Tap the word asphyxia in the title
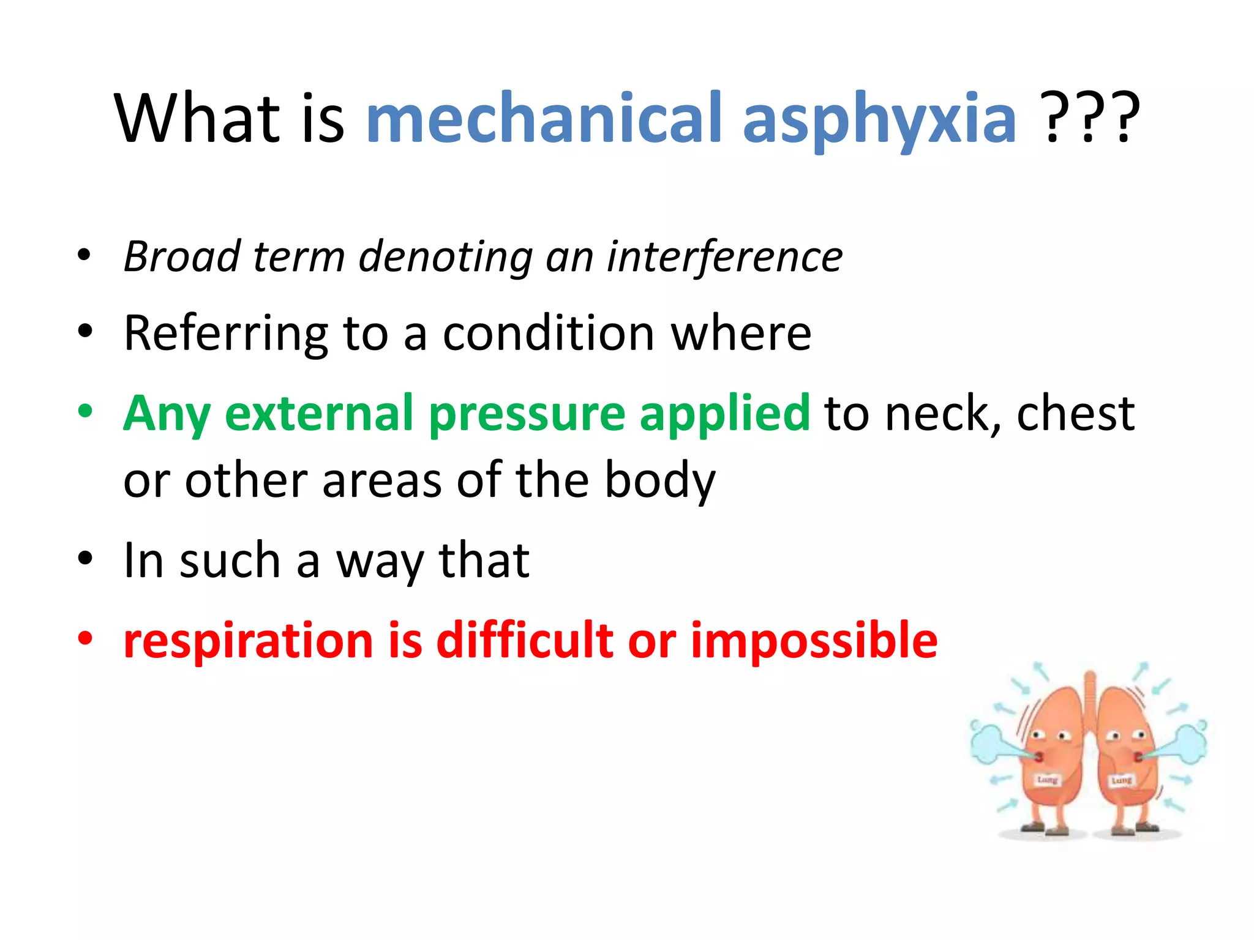(x=879, y=119)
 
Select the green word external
(x=319, y=414)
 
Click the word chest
(x=1075, y=414)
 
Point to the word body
(x=659, y=481)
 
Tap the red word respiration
(x=248, y=641)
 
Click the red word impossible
(x=814, y=641)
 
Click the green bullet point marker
(x=85, y=411)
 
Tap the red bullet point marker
(x=85, y=638)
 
